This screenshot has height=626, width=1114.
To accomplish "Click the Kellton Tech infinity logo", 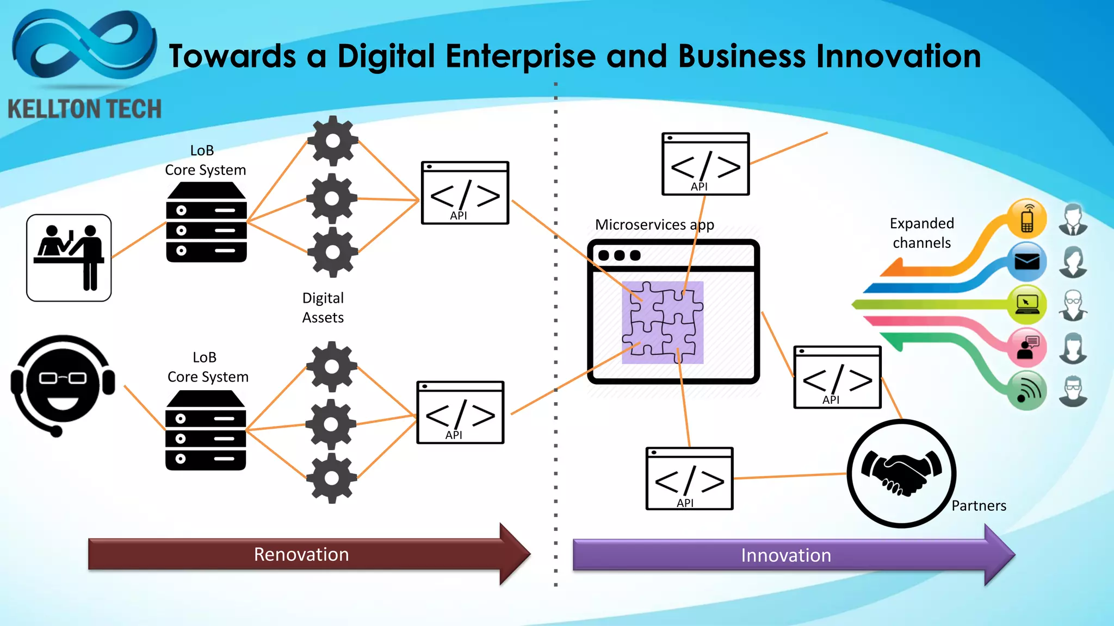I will (84, 46).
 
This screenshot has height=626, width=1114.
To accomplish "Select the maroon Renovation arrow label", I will (301, 554).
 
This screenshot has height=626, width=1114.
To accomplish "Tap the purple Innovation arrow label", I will (785, 555).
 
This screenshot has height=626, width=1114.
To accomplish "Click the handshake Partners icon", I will (901, 473).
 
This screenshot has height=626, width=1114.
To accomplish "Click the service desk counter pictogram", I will (69, 258).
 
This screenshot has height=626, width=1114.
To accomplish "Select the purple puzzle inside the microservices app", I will (663, 322).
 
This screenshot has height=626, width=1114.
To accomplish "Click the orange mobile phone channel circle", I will (1026, 218).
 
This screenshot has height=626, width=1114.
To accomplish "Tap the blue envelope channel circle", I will (1026, 262).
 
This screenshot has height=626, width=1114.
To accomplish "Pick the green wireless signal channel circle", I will (1026, 390).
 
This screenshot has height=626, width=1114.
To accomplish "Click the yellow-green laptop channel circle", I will (1026, 304).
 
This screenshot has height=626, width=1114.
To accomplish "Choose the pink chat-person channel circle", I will (1026, 347).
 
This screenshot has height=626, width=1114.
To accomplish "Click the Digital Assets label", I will (323, 308).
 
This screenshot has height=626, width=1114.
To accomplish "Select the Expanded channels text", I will (921, 233).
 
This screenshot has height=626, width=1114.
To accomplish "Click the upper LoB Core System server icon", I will (206, 222).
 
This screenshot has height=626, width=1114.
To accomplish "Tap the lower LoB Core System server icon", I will (206, 430).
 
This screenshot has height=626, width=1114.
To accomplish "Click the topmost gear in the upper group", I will (333, 141).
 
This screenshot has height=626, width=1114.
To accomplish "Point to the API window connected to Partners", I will (689, 479).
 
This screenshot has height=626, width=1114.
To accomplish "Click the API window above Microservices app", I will (705, 164).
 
